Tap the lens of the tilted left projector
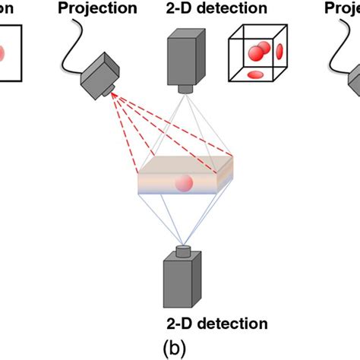point(112,90)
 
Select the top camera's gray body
point(184,58)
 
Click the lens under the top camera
point(184,89)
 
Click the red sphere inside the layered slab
point(183,183)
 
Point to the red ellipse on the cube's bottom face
point(256,74)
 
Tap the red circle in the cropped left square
point(3,54)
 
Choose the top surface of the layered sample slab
point(186,163)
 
